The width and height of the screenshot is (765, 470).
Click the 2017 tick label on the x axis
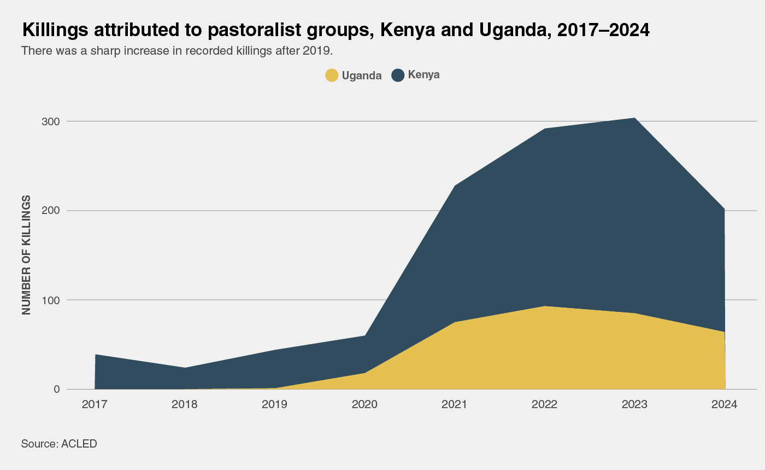click(95, 405)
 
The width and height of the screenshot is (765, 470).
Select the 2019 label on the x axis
click(275, 405)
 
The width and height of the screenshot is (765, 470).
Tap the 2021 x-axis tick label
click(455, 405)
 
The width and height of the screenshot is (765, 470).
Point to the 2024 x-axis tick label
click(725, 405)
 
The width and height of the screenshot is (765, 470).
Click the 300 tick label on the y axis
click(51, 121)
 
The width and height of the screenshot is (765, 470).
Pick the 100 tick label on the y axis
click(51, 300)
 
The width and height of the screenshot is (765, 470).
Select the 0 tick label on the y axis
click(56, 390)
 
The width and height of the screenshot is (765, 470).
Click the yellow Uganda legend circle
click(332, 76)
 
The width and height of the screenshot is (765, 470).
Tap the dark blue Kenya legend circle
click(398, 76)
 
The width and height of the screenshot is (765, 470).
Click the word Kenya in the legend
click(423, 75)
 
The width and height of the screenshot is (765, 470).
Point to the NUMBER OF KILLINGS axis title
click(27, 254)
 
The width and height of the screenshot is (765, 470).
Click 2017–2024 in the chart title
click(603, 30)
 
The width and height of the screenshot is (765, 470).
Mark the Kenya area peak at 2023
click(634, 118)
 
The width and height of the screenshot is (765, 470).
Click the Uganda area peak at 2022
click(545, 306)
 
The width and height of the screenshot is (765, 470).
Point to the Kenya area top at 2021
click(455, 186)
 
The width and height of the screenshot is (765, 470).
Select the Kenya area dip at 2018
click(185, 368)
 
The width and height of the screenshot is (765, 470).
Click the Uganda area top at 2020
click(364, 373)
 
